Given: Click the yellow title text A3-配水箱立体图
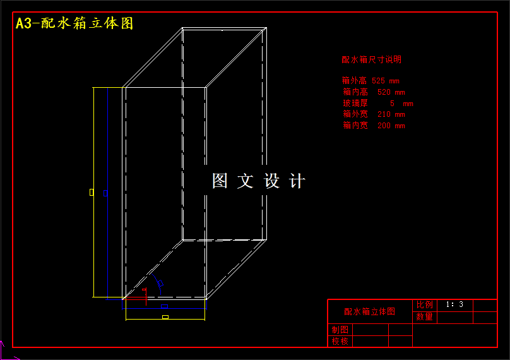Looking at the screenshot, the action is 74,23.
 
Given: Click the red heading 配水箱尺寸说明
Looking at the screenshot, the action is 371,59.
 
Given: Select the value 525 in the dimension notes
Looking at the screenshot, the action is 378,81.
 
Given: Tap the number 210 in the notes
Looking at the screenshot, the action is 384,114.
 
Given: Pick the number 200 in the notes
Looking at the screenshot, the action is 384,126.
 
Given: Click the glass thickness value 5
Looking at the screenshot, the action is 392,103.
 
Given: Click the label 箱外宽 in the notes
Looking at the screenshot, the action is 355,114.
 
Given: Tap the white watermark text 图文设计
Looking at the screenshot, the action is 258,181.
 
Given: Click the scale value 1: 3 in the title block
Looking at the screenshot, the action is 454,304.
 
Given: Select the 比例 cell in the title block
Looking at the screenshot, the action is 425,305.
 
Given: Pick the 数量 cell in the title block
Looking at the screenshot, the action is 425,317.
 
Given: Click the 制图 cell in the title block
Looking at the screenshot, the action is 340,330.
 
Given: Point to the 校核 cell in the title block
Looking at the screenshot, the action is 340,342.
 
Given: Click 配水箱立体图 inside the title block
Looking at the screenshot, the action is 369,311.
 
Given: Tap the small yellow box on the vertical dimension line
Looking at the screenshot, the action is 92,191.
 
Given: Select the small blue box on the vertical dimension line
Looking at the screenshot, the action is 105,193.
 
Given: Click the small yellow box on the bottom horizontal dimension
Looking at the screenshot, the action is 165,317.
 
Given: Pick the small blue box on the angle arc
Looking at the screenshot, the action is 161,284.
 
